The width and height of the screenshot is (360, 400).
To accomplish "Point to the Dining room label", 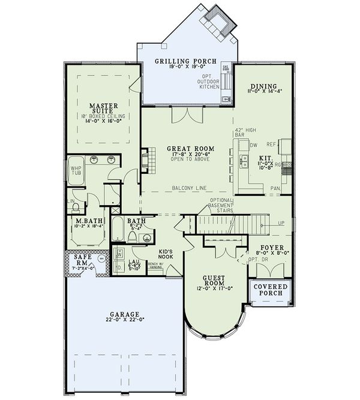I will click(264, 86).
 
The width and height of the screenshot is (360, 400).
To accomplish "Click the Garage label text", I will click(125, 314).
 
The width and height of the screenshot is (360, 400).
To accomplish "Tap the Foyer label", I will click(268, 247).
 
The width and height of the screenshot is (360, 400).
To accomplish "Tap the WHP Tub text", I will click(76, 171).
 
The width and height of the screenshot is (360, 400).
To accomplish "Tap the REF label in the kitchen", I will click(271, 144).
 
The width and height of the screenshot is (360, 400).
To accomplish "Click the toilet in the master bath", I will click(76, 207).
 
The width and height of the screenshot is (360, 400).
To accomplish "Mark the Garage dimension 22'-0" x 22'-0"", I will click(125, 322).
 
